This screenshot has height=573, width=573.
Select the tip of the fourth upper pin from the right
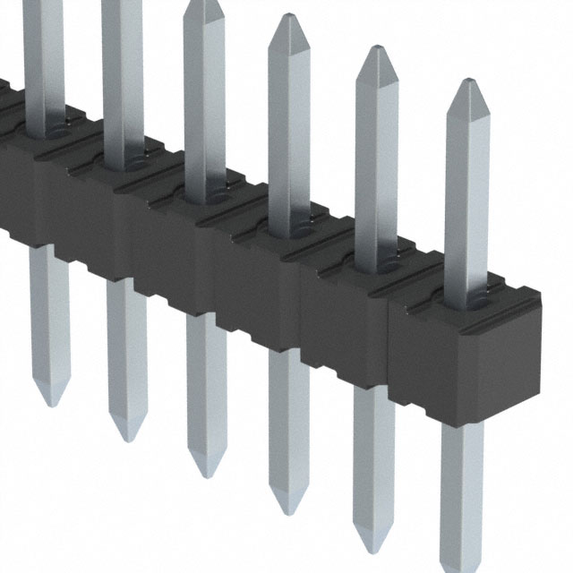[203, 4]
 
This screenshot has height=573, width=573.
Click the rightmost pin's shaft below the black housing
[462, 483]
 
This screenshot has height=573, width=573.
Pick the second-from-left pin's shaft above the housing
[123, 81]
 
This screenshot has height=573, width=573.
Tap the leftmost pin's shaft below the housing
[50, 313]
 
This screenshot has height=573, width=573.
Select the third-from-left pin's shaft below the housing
[207, 385]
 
